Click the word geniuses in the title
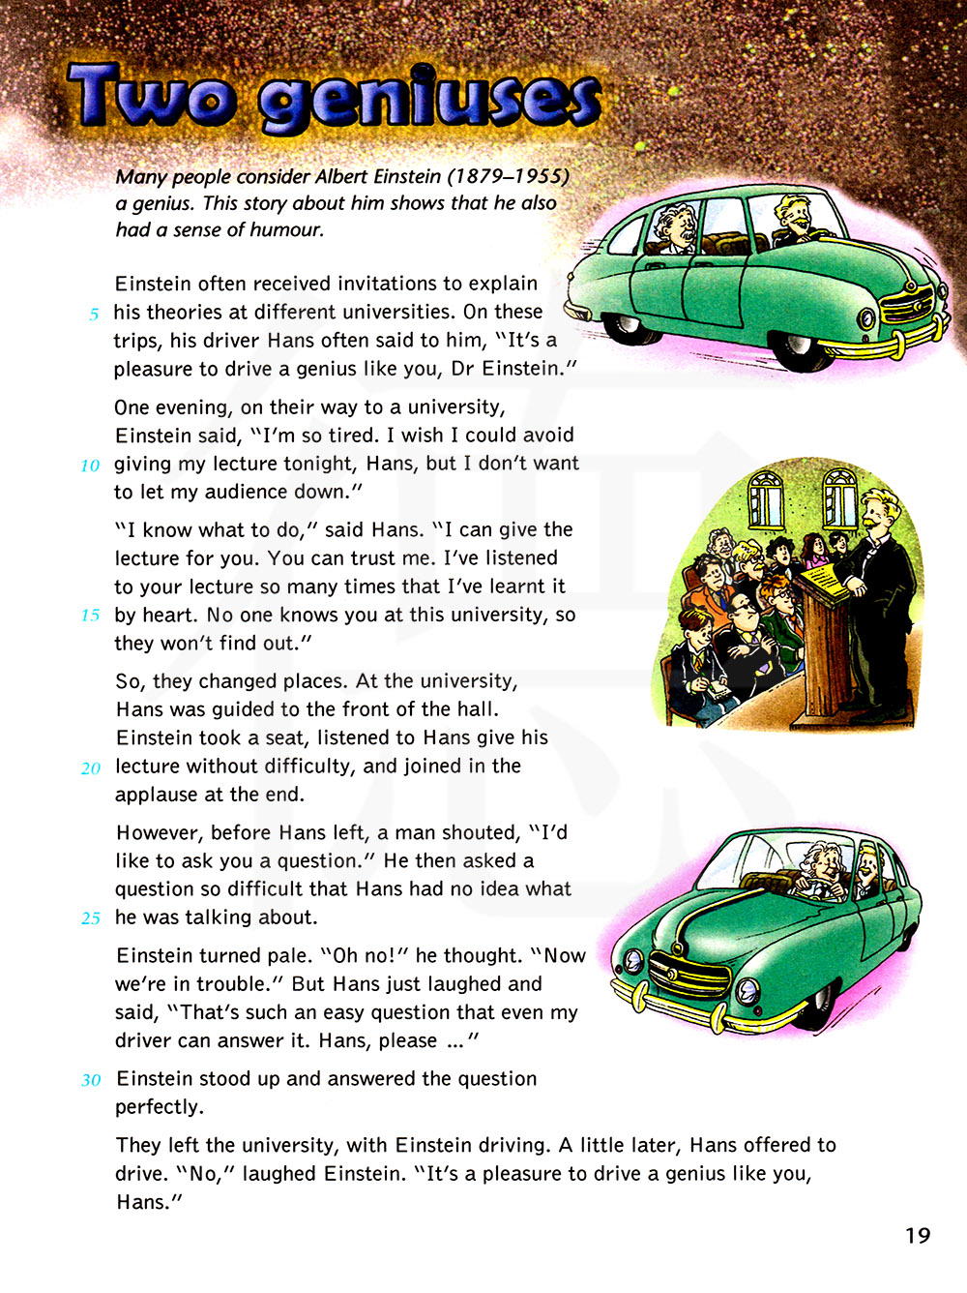pos(430,101)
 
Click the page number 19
pos(917,1236)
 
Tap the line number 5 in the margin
pos(94,315)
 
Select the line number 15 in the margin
pos(90,616)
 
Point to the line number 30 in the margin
pos(91,1080)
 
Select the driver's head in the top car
pos(797,214)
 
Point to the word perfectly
pos(160,1107)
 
